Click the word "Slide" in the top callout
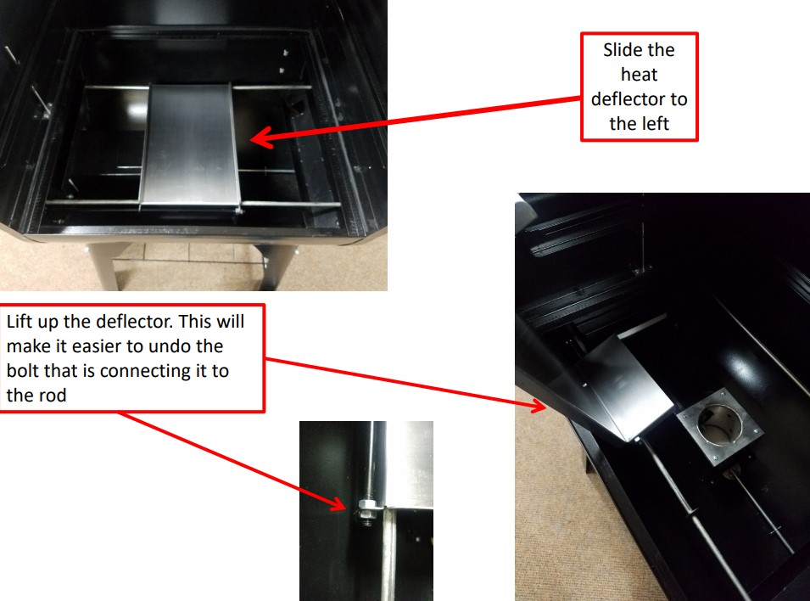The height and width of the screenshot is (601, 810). coord(622,50)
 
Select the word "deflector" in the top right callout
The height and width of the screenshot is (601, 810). coord(639,99)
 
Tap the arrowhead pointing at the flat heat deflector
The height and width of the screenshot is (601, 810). coord(259,137)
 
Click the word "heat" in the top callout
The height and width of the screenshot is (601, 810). coord(639,75)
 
